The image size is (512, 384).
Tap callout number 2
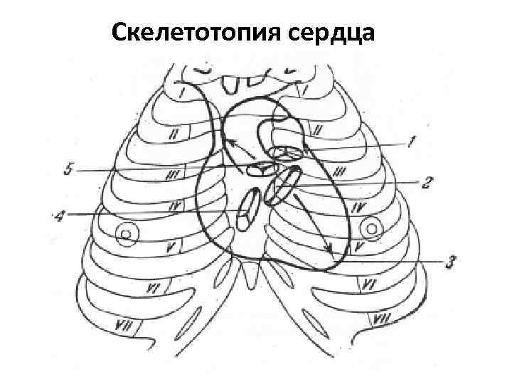427,183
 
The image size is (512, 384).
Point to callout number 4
58,214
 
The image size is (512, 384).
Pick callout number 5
68,170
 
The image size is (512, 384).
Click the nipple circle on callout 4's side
127,233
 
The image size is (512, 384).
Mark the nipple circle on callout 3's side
371,228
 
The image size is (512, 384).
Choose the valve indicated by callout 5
260,168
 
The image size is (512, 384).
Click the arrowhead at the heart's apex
329,250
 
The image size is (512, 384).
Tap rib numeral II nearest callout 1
319,130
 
